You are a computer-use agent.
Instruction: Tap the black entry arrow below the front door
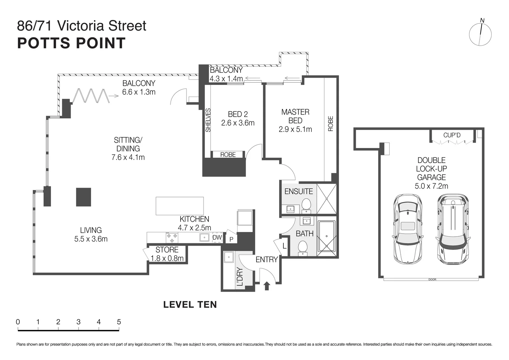point(266,286)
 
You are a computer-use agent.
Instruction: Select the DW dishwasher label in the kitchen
point(217,238)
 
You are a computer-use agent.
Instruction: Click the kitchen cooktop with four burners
point(172,238)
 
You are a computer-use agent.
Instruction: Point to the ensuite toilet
point(306,205)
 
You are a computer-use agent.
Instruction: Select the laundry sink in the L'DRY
point(229,257)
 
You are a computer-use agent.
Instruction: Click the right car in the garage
point(452,229)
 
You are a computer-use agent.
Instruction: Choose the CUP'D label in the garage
point(452,135)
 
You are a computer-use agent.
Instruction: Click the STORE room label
point(167,250)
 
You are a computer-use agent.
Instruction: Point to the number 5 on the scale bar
point(119,322)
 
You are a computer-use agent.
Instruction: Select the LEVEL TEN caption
point(190,304)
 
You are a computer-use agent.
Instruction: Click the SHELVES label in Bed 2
point(208,120)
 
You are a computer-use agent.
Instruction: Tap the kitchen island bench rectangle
point(180,206)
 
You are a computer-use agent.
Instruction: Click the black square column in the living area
point(83,197)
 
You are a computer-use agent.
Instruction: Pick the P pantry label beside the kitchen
point(231,239)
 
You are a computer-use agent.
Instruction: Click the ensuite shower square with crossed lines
point(326,199)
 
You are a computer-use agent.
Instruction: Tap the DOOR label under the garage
point(432,279)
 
